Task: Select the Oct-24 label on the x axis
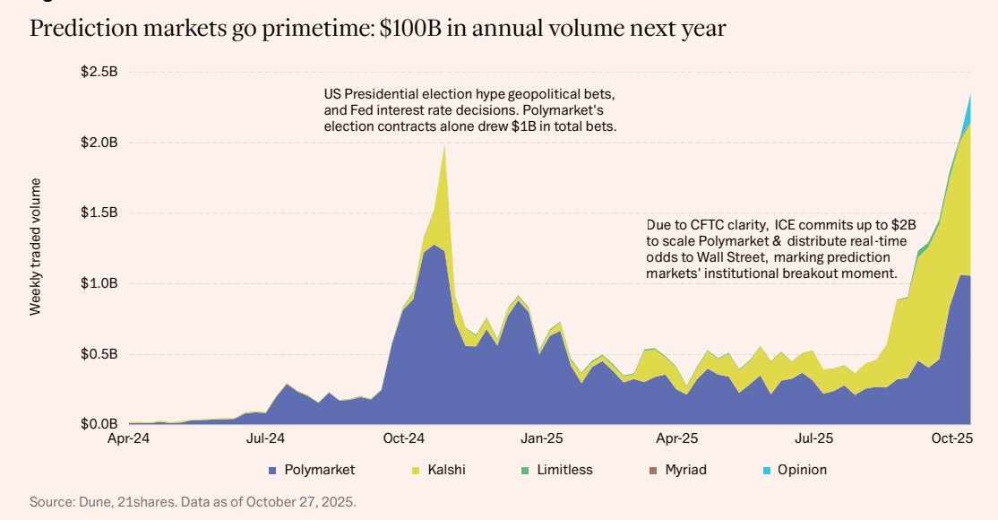click(x=403, y=439)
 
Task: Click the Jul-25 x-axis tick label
click(x=813, y=439)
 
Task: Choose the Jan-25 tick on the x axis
click(x=541, y=439)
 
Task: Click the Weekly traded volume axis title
click(x=36, y=247)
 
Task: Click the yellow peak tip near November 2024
click(x=444, y=145)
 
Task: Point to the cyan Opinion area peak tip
click(x=970, y=96)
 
